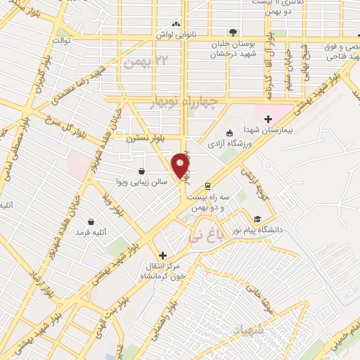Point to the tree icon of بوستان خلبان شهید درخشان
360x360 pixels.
232,32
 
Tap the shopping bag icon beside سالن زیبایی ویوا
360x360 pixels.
141,171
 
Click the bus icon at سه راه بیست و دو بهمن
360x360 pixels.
207,186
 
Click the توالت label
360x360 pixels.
64,41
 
